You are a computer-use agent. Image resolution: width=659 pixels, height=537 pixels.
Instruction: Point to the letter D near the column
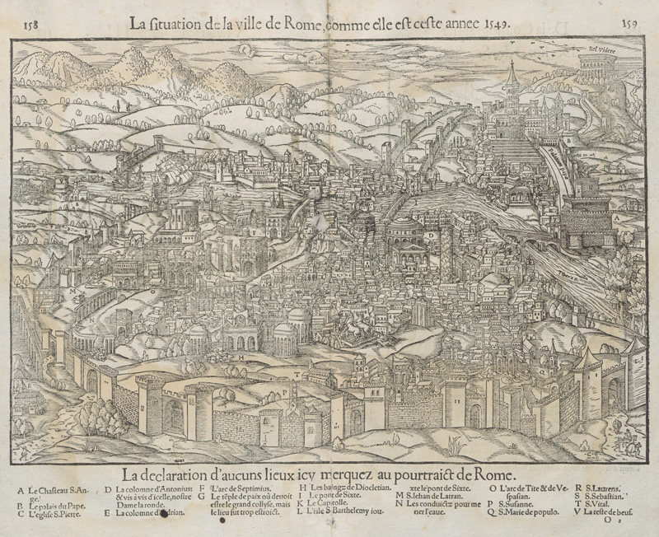click(x=431, y=236)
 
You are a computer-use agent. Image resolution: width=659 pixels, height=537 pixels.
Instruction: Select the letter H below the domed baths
click(x=240, y=358)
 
